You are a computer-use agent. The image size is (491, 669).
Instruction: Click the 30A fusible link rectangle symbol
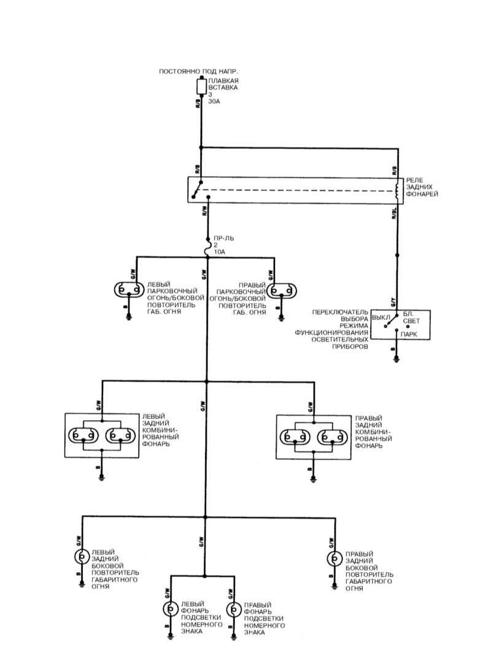[x=201, y=87]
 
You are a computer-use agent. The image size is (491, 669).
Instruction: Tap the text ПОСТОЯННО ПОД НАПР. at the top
[x=198, y=71]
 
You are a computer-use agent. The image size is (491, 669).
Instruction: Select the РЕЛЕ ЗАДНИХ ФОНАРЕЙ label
[x=422, y=187]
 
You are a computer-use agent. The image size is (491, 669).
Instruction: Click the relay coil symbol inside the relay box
[x=397, y=191]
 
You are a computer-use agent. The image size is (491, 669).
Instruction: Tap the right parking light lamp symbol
[x=282, y=291]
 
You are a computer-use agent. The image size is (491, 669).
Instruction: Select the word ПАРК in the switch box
[x=409, y=335]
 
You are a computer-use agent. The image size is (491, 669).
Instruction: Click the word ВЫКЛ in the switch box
[x=381, y=318]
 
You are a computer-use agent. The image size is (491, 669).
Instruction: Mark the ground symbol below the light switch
[x=396, y=359]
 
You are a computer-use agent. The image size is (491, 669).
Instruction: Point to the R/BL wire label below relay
[x=394, y=213]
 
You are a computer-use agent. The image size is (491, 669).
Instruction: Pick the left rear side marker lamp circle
[x=82, y=557]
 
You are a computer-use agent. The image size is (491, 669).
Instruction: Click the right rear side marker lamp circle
[x=334, y=559]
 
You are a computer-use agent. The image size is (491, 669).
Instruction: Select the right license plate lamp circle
[x=234, y=610]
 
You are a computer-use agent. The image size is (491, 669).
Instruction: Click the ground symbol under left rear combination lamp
[x=102, y=478]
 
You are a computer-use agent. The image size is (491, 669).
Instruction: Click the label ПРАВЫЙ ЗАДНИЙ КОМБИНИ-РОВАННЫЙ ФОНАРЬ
[x=373, y=432]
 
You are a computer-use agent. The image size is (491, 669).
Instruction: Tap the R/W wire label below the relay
[x=204, y=210]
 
